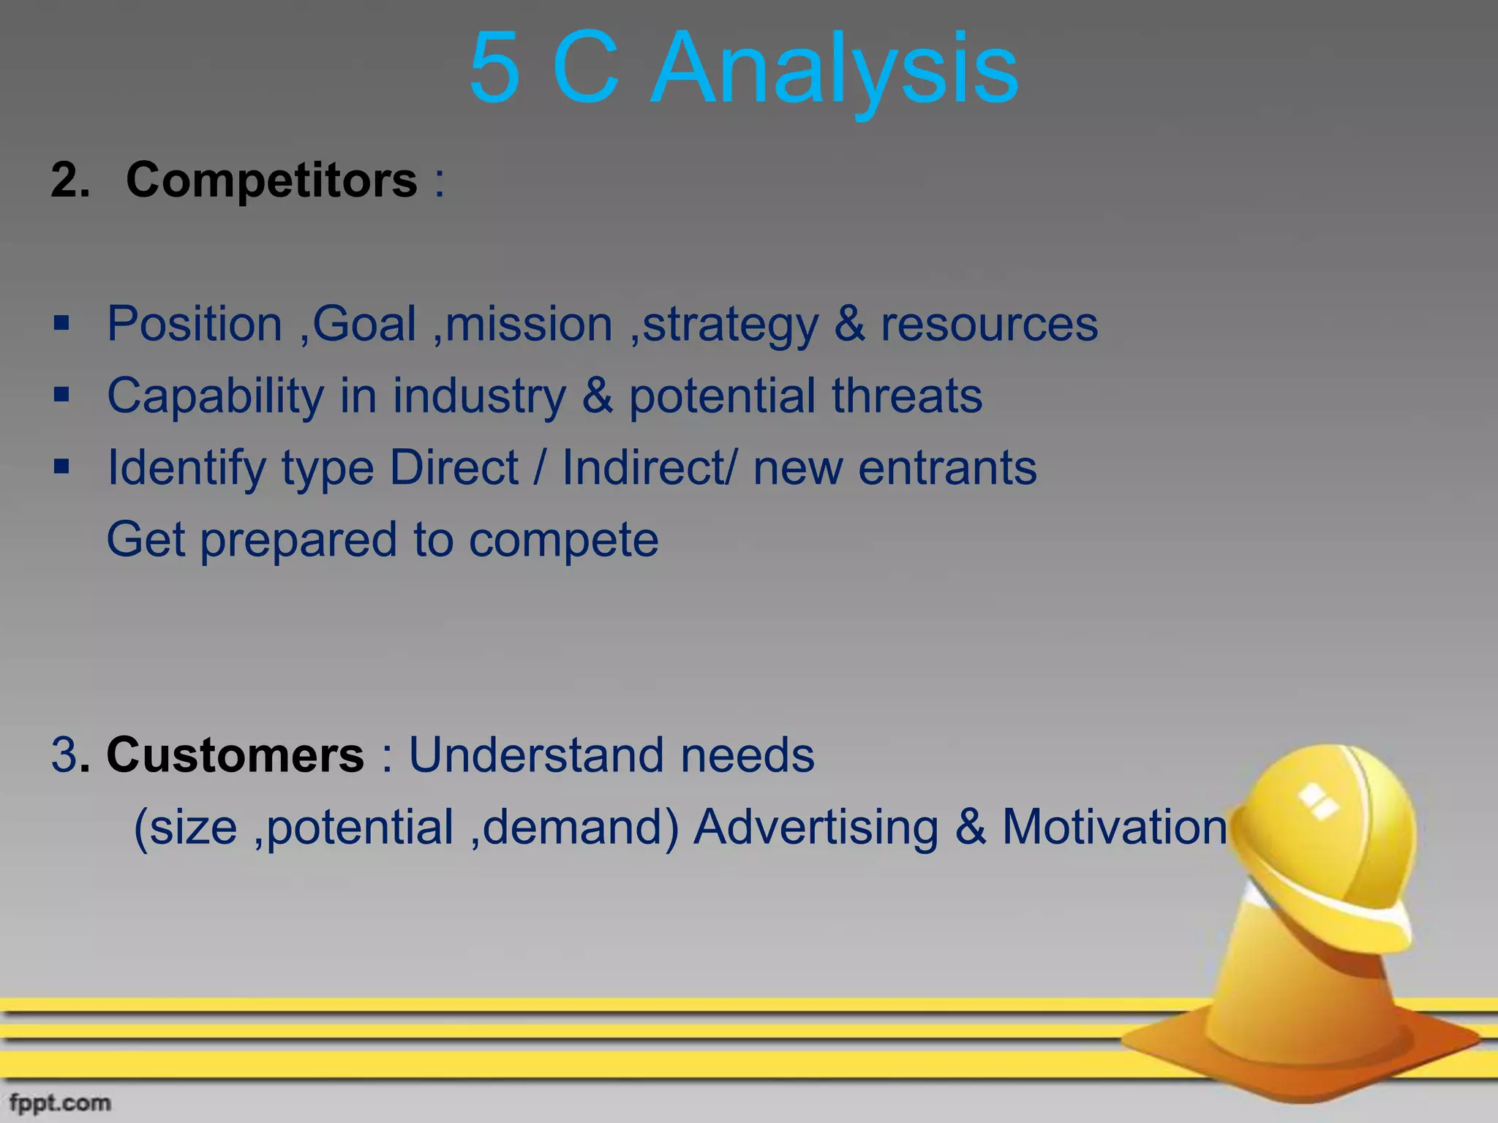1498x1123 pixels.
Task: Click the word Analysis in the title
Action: [835, 69]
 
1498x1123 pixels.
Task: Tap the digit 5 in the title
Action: [494, 69]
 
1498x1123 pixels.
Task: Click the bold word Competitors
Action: [271, 180]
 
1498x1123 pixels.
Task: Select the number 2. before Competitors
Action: [70, 180]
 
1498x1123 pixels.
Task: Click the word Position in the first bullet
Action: [195, 324]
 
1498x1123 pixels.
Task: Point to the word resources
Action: [989, 324]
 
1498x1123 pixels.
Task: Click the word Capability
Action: [215, 396]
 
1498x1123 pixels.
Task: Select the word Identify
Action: [187, 468]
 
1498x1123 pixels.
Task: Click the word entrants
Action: [947, 468]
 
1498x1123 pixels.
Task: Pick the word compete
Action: [563, 540]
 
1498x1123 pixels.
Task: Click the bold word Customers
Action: [235, 755]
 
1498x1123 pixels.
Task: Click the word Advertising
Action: [816, 827]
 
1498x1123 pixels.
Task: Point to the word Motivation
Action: [1114, 827]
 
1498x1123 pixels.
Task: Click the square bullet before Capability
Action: [61, 396]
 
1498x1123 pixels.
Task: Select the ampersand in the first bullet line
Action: [849, 324]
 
